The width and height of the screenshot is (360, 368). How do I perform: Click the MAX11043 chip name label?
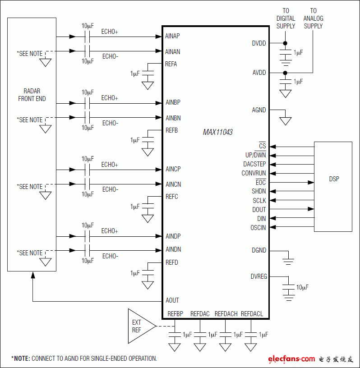(x=217, y=133)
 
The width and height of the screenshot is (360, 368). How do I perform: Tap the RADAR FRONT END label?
(x=32, y=95)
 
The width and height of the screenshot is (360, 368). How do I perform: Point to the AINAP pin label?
(x=173, y=36)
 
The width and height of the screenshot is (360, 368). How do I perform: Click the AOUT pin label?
(x=172, y=300)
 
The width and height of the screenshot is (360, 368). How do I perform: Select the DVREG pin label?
(x=258, y=276)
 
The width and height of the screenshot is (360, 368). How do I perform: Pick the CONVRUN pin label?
(x=254, y=173)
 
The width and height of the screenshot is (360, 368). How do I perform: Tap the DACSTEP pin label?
(x=254, y=164)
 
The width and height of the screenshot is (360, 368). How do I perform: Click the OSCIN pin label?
(x=258, y=228)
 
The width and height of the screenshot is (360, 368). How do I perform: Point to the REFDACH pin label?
(x=226, y=314)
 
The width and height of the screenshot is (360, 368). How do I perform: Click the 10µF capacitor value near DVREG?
(x=302, y=287)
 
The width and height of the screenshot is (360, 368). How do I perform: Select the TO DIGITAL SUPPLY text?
(x=286, y=18)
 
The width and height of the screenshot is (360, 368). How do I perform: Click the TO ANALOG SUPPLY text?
(x=313, y=18)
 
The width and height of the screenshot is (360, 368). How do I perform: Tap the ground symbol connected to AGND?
(x=285, y=121)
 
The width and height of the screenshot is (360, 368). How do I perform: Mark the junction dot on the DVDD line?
(x=285, y=43)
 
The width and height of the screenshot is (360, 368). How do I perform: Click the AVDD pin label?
(x=259, y=73)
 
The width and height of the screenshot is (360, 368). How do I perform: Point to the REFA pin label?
(x=171, y=64)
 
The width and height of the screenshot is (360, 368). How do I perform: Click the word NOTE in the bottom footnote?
(x=21, y=359)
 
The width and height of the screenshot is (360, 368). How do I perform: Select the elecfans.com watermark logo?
(x=291, y=359)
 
